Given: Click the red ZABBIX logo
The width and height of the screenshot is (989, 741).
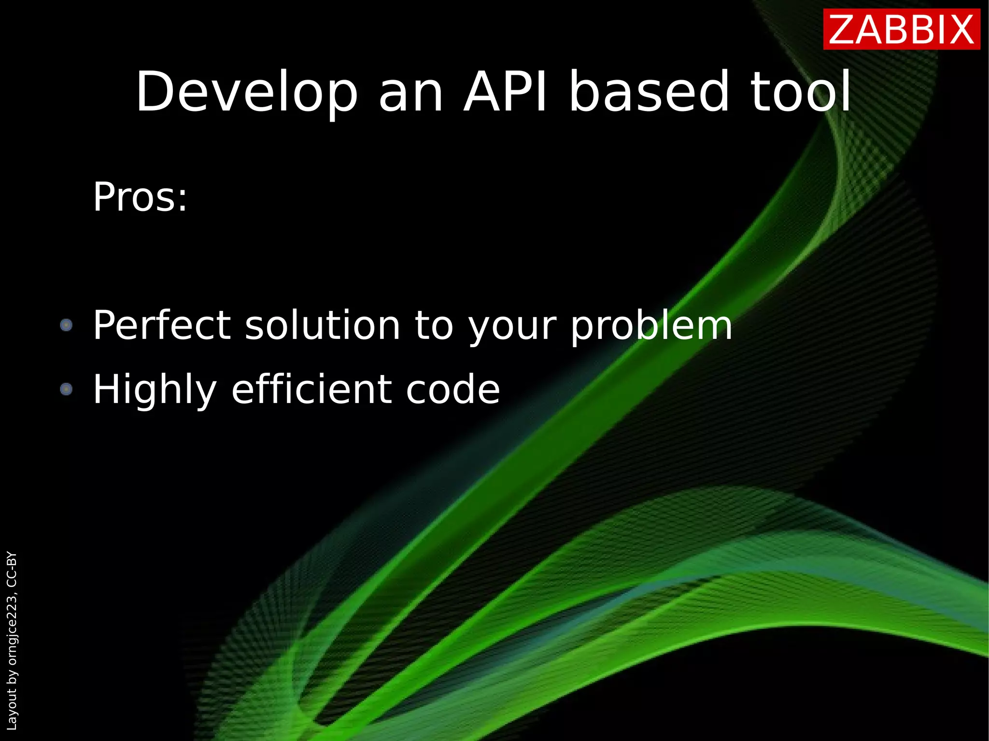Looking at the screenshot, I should tap(901, 30).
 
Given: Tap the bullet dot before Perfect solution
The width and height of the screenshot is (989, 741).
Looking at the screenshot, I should tap(66, 325).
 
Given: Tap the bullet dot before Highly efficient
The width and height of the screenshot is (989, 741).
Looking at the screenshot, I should tap(66, 389).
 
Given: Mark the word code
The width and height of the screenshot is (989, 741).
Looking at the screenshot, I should tap(452, 389).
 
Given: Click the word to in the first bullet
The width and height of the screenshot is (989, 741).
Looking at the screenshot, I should tap(434, 326).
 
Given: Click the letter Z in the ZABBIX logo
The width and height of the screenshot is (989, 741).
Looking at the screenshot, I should tap(843, 30).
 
